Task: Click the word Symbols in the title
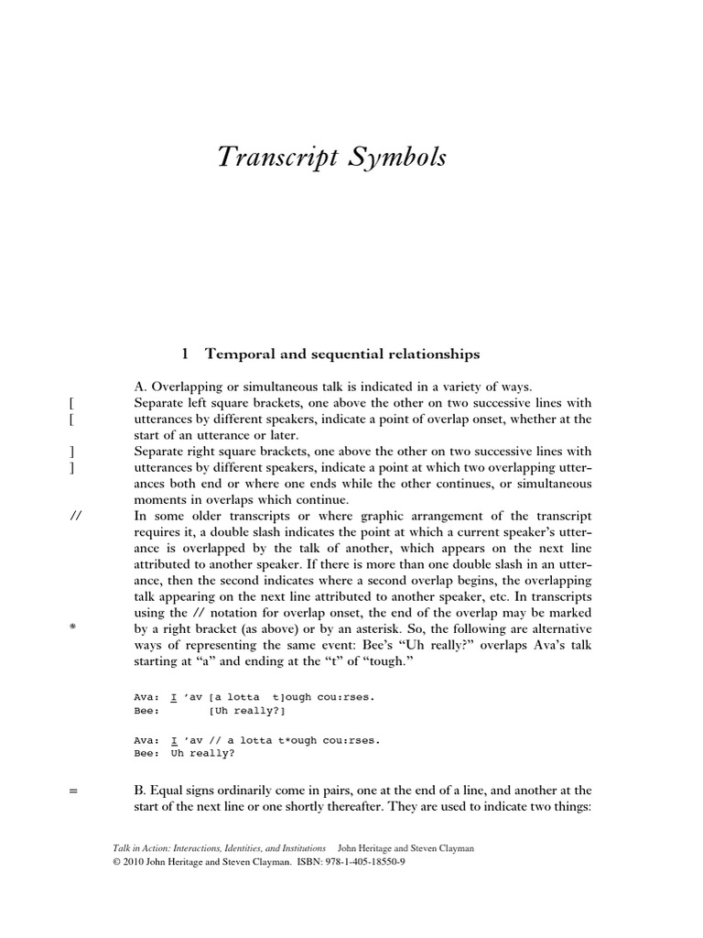coord(400,158)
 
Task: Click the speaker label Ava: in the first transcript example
coord(146,696)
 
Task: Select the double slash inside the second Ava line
coord(219,739)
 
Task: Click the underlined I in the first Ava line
coord(174,696)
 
